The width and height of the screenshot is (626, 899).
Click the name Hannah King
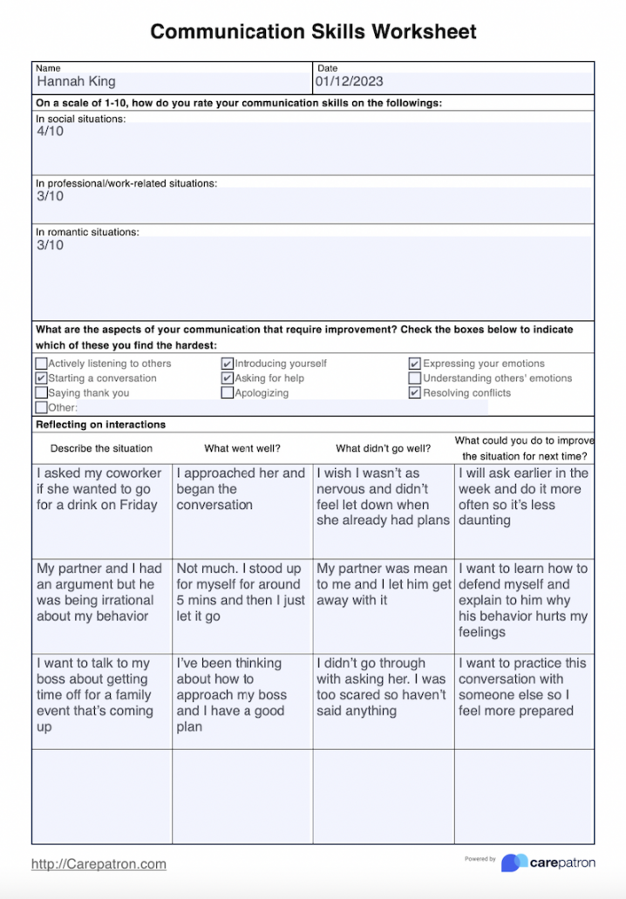coord(76,82)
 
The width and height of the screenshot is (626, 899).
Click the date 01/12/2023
coord(349,82)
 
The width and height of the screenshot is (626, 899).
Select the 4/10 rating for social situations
coord(50,132)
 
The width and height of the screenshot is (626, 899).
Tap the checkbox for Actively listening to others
coord(41,364)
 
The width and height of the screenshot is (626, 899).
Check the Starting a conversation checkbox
coord(41,378)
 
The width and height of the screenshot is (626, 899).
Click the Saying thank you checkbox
coord(41,393)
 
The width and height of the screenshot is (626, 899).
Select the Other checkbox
coord(41,407)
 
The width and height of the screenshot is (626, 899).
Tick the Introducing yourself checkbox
coord(228,364)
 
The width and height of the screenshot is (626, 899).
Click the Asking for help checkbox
coord(228,378)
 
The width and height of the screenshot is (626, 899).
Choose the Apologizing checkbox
coord(228,393)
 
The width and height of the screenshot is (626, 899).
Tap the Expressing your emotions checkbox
coord(415,364)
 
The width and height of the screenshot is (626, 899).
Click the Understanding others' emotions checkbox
coord(415,378)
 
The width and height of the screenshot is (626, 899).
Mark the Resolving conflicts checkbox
coord(415,393)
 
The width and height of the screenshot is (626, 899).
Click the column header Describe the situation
coord(101,449)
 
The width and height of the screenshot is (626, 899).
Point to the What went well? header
coord(242,449)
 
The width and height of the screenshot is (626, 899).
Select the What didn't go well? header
coord(383,449)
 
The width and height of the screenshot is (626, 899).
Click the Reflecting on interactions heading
coord(100,425)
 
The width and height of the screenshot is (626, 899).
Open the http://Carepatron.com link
coord(99,864)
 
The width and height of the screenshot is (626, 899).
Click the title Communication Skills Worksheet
coord(313,32)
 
